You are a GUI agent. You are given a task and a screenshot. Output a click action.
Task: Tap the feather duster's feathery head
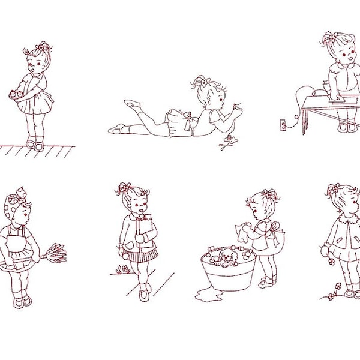tap(55, 251)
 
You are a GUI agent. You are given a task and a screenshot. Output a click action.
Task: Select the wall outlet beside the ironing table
tap(280, 126)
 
